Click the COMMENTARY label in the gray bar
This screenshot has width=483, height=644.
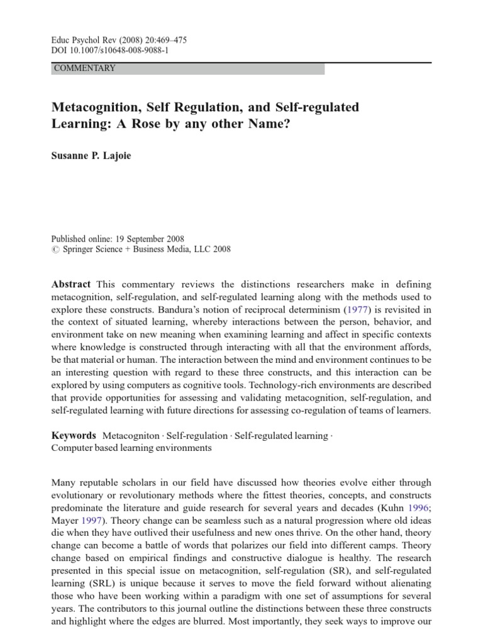point(85,69)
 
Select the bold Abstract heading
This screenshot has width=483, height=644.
point(70,284)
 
